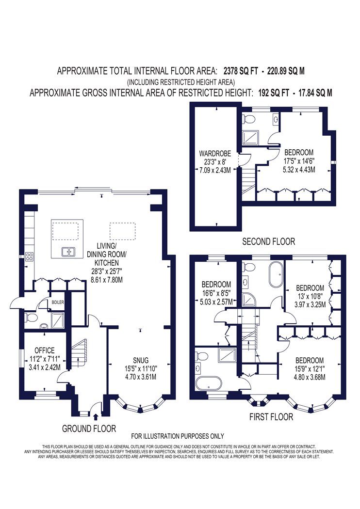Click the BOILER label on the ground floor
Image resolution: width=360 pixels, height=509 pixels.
58,302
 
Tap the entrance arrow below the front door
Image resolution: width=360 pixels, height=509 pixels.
96,417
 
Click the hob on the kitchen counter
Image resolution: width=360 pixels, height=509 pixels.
29,257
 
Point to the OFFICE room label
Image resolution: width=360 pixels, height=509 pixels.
45,350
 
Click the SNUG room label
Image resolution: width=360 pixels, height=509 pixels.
141,360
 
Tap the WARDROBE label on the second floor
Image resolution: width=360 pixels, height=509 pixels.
215,153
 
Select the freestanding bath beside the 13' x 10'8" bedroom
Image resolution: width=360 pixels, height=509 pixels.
276,275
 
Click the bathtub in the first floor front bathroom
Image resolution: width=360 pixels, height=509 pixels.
209,383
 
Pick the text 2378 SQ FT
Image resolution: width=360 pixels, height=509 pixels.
240,71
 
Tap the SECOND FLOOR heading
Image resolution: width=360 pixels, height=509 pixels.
269,241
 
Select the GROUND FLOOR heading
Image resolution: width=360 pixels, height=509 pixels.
89,429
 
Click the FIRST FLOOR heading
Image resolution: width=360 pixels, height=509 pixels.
271,417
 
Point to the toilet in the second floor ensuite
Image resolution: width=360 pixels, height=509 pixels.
248,119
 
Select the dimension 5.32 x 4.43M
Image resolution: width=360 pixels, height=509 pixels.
299,169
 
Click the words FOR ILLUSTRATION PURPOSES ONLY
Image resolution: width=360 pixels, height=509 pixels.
178,436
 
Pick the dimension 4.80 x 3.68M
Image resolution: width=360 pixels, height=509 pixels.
310,377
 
